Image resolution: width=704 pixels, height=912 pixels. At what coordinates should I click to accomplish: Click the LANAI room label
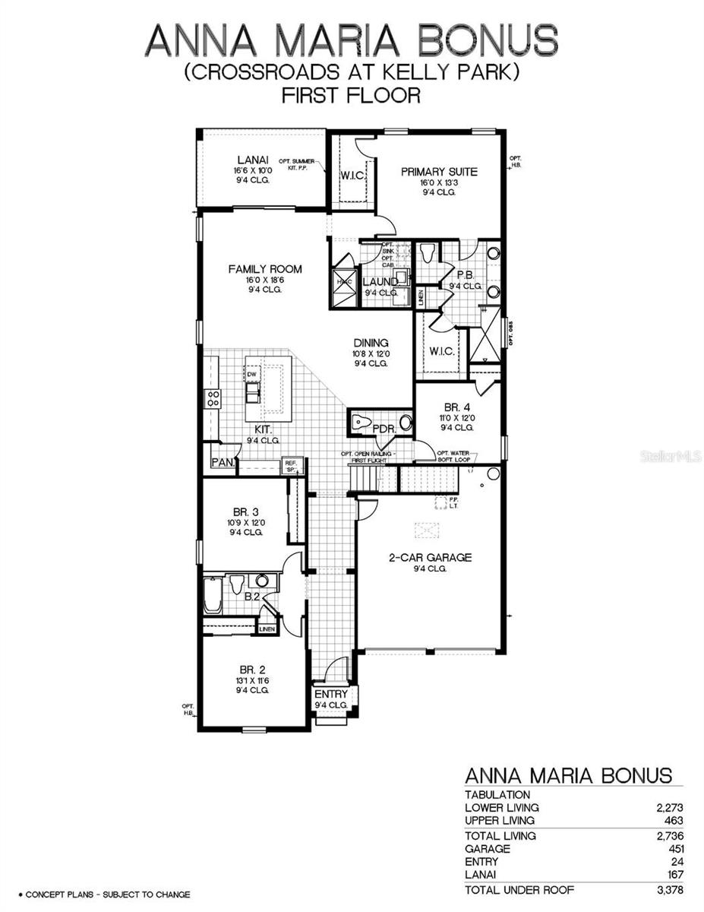pyautogui.click(x=250, y=159)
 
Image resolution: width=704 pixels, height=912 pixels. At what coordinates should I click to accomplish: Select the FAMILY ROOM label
pyautogui.click(x=265, y=269)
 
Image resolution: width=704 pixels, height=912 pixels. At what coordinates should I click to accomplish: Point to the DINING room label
pyautogui.click(x=370, y=343)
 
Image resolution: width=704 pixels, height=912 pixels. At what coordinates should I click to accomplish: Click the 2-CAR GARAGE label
pyautogui.click(x=430, y=557)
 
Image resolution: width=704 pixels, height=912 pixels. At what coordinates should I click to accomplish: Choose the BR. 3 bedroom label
pyautogui.click(x=246, y=511)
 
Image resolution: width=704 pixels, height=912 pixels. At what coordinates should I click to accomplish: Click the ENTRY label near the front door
pyautogui.click(x=331, y=694)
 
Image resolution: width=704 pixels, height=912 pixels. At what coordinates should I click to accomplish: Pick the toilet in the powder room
pyautogui.click(x=364, y=422)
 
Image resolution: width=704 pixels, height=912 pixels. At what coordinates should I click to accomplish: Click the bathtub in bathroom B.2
pyautogui.click(x=212, y=594)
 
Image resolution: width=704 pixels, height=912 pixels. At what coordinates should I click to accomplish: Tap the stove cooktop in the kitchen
pyautogui.click(x=213, y=399)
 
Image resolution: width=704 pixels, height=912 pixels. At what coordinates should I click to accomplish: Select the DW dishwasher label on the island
pyautogui.click(x=251, y=375)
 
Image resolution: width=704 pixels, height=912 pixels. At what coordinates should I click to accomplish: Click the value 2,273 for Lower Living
pyautogui.click(x=668, y=807)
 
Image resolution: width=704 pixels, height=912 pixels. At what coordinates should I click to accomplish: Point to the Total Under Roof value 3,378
pyautogui.click(x=666, y=890)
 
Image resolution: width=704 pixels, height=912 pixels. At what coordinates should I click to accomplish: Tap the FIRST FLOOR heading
pyautogui.click(x=351, y=96)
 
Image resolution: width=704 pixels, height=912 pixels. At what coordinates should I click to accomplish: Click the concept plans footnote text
pyautogui.click(x=103, y=895)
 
